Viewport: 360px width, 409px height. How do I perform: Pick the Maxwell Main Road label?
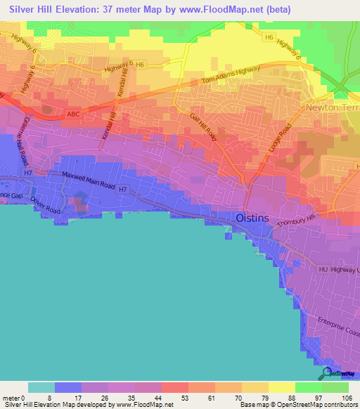(x=89, y=179)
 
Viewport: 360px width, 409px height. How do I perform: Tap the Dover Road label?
(x=46, y=204)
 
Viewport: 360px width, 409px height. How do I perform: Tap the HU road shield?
(x=323, y=269)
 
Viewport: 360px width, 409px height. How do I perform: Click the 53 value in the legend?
(x=173, y=398)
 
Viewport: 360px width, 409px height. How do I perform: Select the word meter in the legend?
(x=12, y=398)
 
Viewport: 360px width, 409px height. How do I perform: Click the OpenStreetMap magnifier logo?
(x=327, y=373)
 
